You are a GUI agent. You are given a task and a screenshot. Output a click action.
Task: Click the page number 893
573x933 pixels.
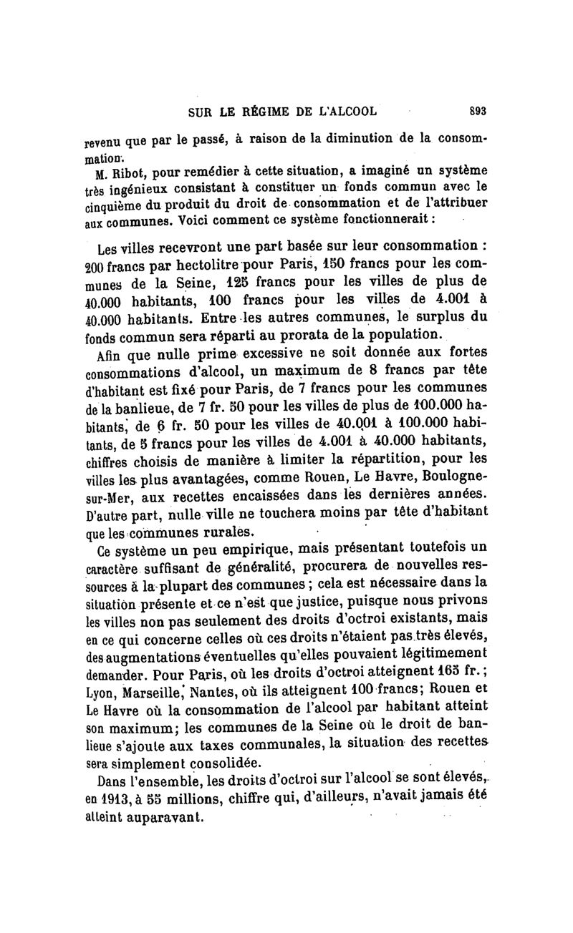click(478, 111)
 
